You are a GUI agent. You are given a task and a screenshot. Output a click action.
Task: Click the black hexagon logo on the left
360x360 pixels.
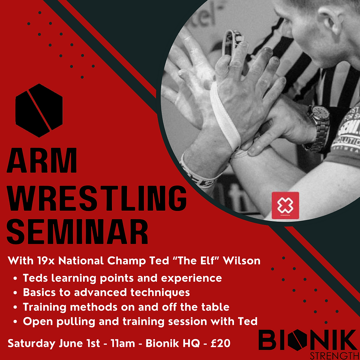pos(39,110)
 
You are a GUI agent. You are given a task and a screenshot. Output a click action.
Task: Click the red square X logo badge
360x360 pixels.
pos(285,206)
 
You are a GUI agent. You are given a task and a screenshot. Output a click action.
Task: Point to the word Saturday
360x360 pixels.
pos(32,343)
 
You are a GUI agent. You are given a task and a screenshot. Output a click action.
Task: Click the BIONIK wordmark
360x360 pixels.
pos(307,340)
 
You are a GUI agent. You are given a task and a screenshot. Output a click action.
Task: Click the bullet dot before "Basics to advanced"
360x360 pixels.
pos(15,293)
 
